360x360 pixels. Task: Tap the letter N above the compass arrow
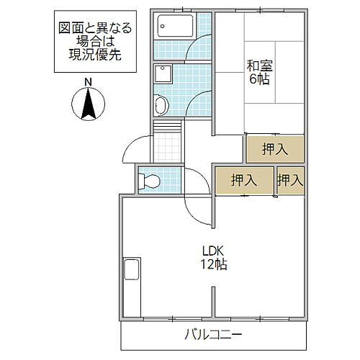pos(87,82)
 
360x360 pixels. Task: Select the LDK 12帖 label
pos(215,258)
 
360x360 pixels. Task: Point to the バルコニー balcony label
pos(212,336)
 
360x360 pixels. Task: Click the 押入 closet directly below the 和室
pos(274,150)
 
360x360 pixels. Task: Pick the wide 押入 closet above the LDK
pos(244,181)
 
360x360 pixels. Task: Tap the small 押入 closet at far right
pos(290,181)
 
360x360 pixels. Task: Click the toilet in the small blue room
pos(148,180)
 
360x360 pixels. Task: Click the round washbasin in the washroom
pos(161,105)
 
